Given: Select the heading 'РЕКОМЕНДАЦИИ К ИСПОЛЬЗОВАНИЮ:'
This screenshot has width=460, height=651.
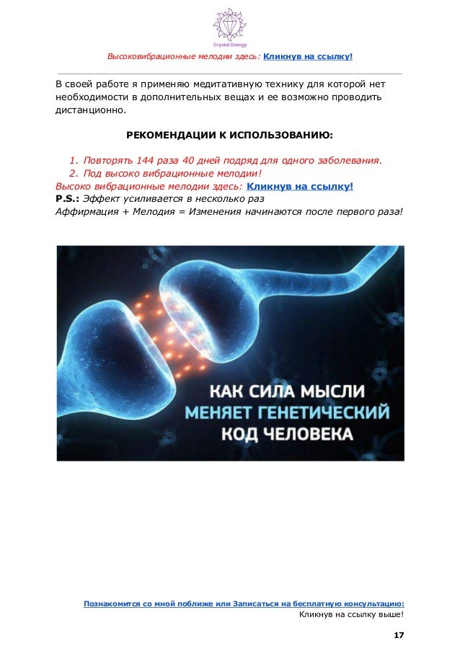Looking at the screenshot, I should coord(230,135).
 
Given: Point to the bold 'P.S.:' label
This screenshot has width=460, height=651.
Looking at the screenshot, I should coord(68,199).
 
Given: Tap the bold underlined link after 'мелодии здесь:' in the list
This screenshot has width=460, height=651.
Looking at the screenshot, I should coord(300,186).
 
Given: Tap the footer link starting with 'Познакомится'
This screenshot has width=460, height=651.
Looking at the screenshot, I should coord(244,603).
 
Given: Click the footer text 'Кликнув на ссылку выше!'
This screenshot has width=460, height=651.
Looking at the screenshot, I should coord(351,615).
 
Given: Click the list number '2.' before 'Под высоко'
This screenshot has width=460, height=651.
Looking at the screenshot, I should coord(73,173).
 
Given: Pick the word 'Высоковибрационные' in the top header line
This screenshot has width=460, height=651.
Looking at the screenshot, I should coord(154,56).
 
